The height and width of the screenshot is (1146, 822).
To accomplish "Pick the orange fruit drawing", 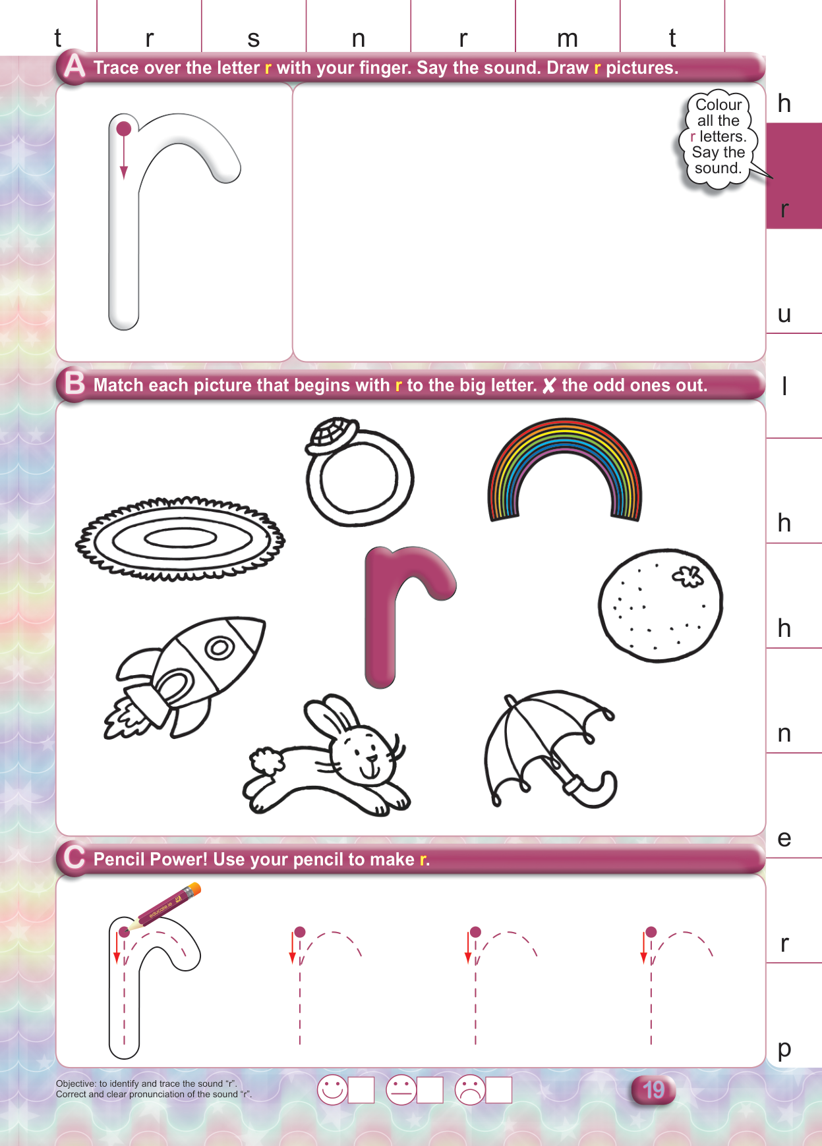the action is click(661, 605).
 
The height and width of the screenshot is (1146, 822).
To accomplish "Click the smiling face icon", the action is click(332, 1090).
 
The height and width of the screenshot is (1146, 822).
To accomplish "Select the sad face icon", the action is click(470, 1090).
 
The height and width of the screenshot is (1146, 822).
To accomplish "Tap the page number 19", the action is click(653, 1090).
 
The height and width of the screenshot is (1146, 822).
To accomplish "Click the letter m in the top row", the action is click(568, 40).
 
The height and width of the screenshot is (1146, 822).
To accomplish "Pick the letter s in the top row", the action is click(254, 40).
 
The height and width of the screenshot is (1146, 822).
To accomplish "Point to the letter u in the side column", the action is click(784, 314).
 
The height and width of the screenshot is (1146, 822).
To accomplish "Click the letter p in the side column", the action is click(784, 1049).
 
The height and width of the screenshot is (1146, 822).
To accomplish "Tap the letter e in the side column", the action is click(784, 838).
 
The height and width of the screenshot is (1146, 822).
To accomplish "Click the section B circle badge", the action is click(74, 384).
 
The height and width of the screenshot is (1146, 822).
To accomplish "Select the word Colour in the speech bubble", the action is click(719, 105).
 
